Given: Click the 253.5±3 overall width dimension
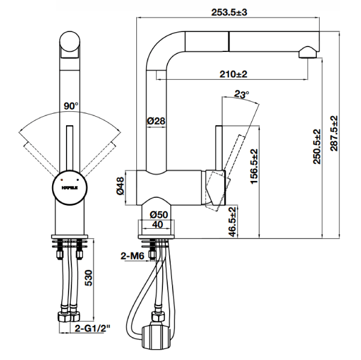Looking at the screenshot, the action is coord(229,12).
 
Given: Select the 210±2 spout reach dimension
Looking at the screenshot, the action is coord(233,74).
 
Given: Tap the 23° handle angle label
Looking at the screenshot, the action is coord(242,94).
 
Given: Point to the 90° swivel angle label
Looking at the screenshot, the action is coord(71,106).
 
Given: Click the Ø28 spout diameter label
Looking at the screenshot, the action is coord(156,121).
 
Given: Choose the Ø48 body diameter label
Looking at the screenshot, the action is coord(121,186).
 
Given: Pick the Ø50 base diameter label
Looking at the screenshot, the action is coord(159,215).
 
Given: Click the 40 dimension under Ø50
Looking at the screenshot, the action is coord(157,224).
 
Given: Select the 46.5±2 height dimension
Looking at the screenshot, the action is coord(233,221).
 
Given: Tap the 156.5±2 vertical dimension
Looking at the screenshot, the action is coord(254,166).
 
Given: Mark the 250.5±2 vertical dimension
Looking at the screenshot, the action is coord(317,146).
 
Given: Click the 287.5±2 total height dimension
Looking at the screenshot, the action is coord(334,134).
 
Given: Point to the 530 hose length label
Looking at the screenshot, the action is coord(88,278).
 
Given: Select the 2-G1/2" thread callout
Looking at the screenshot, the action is coord(92,329).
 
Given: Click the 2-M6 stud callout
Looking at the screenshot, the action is coord(133,256).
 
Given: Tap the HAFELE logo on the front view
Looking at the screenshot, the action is coord(70,188).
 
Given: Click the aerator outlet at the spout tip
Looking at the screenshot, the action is coord(308,53).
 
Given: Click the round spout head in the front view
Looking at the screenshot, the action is coord(70,42).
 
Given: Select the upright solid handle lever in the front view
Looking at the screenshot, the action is coord(70,148).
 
